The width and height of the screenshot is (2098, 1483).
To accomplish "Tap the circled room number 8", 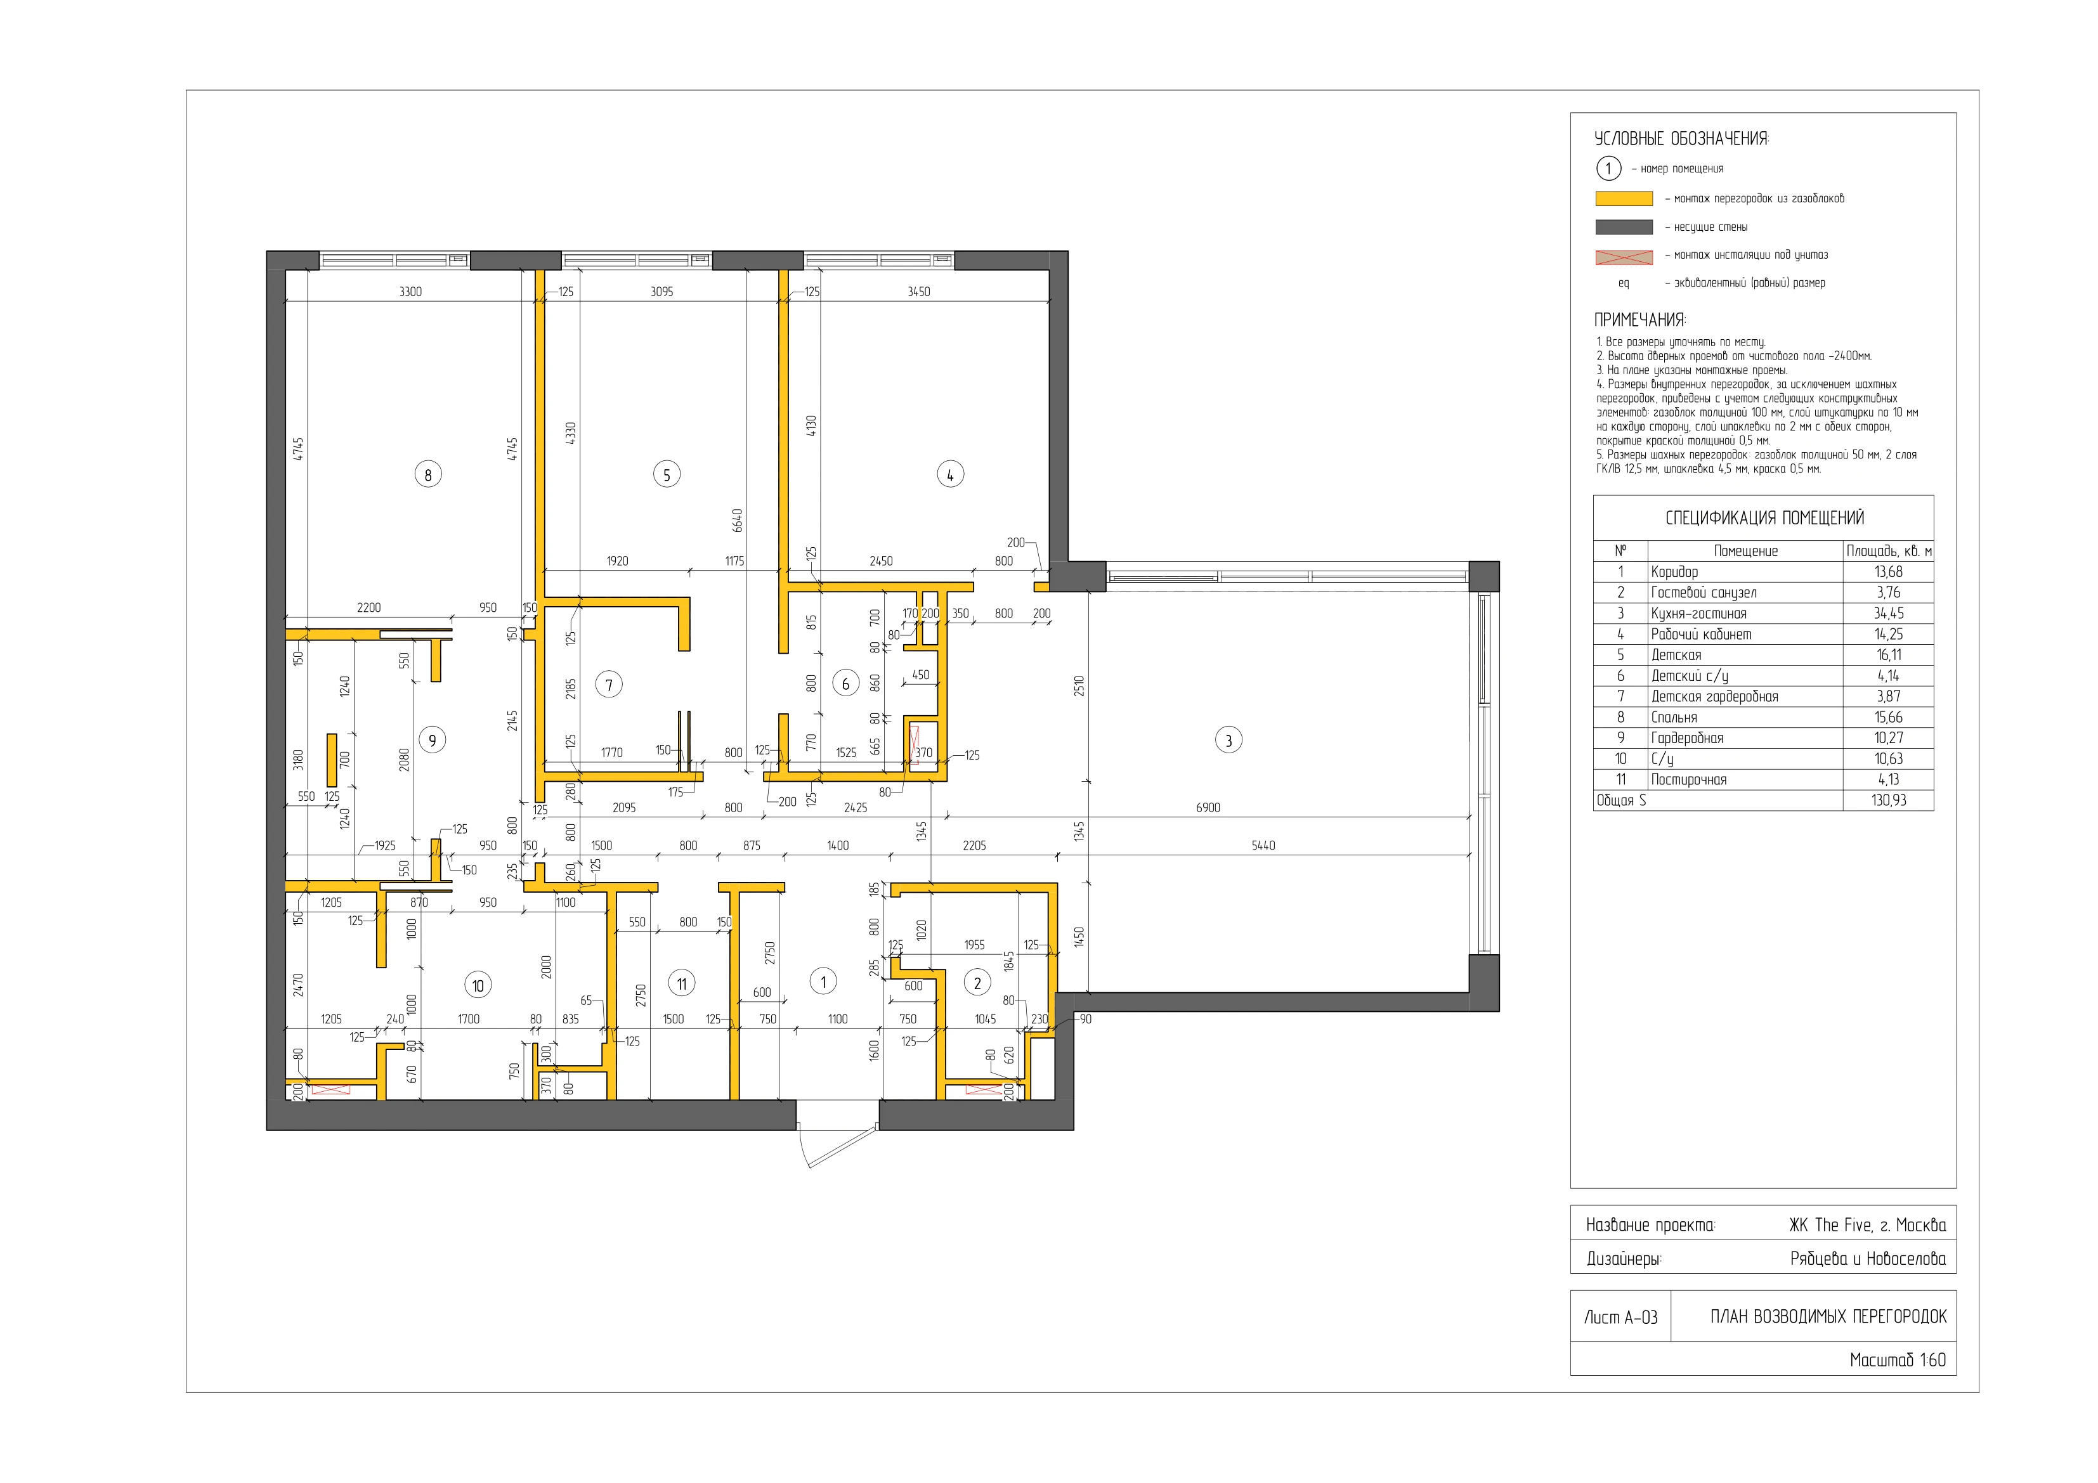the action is (x=427, y=474).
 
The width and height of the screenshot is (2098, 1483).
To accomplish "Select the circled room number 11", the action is (x=682, y=983).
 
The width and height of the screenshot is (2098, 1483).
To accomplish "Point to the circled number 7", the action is (x=609, y=684).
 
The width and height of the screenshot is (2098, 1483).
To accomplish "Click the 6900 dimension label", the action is (x=1208, y=808).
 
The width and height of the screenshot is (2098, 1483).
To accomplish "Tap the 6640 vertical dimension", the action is (x=738, y=521).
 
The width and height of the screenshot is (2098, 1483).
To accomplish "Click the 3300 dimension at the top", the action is (x=410, y=292).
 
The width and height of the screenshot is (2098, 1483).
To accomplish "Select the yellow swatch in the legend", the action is (x=1624, y=198).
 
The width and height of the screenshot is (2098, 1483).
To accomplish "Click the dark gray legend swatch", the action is (x=1624, y=226).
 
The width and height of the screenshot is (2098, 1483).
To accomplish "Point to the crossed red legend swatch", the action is (x=1624, y=257).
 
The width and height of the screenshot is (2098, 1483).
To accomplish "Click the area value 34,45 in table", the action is (x=1888, y=613).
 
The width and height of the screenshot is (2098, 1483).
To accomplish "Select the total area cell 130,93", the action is (x=1888, y=800).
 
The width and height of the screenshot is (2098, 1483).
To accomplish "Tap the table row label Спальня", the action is (x=1674, y=717).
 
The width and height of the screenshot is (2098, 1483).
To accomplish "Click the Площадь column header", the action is (x=1889, y=551).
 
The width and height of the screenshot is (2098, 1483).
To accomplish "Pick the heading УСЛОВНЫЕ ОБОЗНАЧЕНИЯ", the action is (x=1681, y=139).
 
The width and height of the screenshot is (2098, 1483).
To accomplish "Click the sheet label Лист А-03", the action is (x=1620, y=1317).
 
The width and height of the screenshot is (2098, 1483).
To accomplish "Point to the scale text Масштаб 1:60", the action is (x=1897, y=1359).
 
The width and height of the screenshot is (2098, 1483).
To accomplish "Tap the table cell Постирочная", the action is (x=1689, y=779).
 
